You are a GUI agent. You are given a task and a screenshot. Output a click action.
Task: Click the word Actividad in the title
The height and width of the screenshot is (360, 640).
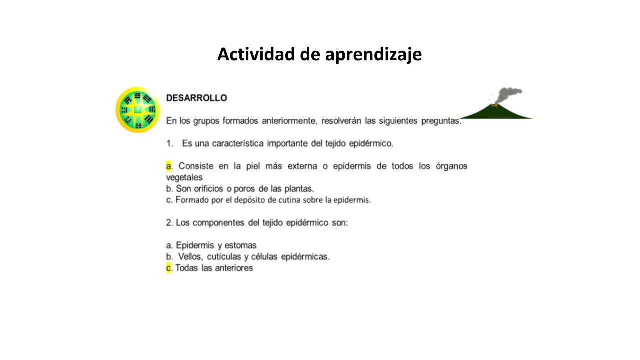pos(256,54)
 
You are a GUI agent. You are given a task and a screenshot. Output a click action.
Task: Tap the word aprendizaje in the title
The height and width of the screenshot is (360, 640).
pos(373,55)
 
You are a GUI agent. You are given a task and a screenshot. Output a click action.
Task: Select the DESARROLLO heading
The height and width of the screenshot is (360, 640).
pos(197,98)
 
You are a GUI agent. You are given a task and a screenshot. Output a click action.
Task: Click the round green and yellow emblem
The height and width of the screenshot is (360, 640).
pos(137,110)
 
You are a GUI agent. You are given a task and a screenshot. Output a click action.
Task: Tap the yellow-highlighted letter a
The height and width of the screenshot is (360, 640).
pos(169,166)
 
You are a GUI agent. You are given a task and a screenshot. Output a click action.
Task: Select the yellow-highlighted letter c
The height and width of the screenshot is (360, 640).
pos(168,268)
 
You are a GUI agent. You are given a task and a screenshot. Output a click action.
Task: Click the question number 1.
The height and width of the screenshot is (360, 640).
pos(169,143)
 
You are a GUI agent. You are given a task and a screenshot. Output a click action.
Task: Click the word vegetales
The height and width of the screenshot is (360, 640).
pos(184,177)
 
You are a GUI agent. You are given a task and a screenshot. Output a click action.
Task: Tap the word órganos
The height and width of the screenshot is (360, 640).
pos(451,166)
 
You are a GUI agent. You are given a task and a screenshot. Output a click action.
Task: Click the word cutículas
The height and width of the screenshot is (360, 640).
pos(224,257)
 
